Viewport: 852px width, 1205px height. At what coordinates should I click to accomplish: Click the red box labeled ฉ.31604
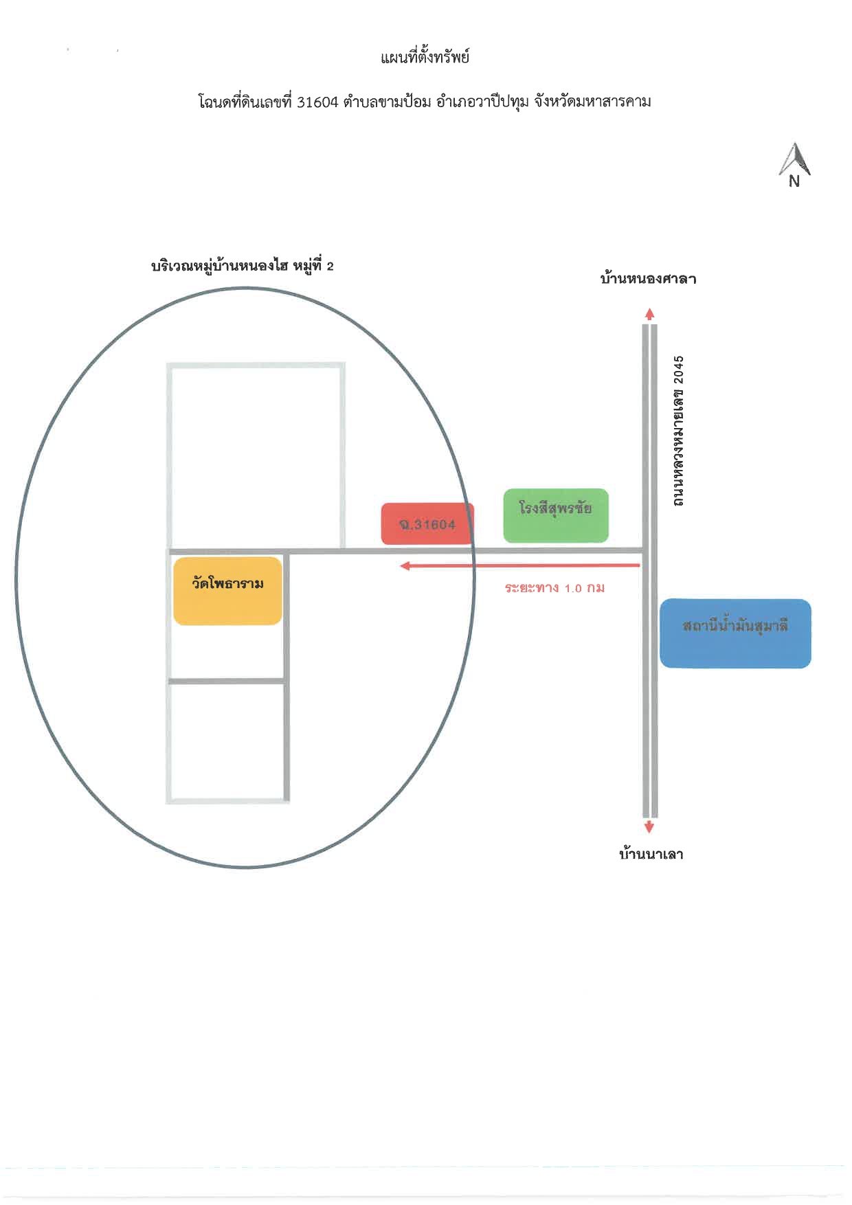427,523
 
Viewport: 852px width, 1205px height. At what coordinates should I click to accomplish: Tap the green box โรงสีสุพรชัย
556,515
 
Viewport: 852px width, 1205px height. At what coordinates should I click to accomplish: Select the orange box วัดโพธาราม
227,591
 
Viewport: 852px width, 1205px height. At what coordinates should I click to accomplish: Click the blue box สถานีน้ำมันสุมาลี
735,633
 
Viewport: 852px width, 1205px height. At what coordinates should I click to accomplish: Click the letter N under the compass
794,182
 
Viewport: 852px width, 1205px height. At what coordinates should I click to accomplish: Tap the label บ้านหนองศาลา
648,278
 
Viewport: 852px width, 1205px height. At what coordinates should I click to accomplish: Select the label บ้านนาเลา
651,855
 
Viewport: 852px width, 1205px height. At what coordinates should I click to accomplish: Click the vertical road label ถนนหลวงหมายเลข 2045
678,431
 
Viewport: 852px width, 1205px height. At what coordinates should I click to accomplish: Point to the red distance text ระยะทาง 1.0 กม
554,588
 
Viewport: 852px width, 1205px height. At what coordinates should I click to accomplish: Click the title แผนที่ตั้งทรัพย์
425,57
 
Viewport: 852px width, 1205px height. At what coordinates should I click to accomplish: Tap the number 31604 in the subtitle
318,102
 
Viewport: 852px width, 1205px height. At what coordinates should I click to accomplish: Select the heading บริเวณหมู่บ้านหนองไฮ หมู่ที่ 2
242,266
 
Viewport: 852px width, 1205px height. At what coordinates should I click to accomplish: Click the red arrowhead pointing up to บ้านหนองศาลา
650,315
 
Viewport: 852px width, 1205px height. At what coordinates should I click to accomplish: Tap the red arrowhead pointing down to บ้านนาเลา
649,827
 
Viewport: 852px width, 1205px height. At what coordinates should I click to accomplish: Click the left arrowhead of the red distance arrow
405,565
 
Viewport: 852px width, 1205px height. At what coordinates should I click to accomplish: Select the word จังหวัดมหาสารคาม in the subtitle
592,102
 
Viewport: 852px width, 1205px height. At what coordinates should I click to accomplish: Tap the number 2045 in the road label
678,370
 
